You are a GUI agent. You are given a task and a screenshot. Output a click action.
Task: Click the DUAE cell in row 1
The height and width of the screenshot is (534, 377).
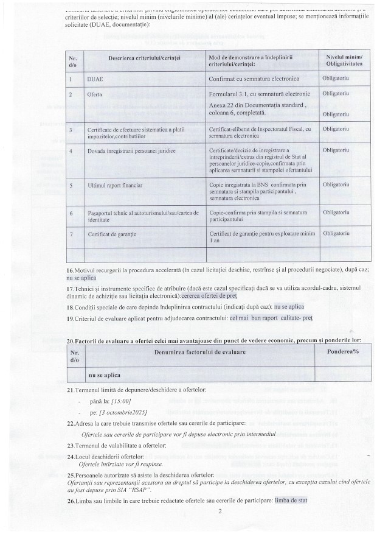click(x=96, y=80)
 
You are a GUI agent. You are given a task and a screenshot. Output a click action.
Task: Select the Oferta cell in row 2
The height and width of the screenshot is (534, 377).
click(x=95, y=94)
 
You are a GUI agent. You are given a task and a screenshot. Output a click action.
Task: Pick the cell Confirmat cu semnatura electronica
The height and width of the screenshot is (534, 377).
click(x=251, y=80)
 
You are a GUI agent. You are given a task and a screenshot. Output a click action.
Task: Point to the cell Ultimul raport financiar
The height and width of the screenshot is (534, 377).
click(x=115, y=184)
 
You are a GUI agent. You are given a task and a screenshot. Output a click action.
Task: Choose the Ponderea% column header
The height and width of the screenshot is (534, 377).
click(x=342, y=352)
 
